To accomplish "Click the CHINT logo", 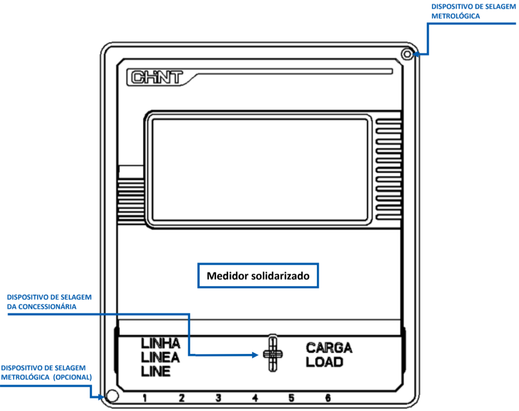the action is click(157, 77).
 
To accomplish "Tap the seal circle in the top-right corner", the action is click(407, 54).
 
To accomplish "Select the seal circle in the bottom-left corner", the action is click(112, 396).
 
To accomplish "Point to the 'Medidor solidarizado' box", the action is click(258, 275).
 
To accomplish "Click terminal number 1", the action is click(145, 398).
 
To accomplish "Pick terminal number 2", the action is click(182, 398).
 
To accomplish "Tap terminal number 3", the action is click(218, 398).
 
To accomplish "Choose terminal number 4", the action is click(255, 398).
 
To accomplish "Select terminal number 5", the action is click(291, 398).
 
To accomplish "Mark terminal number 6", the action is click(328, 398).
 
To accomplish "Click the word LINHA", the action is click(160, 343).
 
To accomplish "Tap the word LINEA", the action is click(160, 357).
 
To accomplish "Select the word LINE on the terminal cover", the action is click(156, 372).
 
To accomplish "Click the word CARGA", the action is click(329, 348).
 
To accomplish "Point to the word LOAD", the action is click(325, 362).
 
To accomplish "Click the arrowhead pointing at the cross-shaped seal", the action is click(255, 355).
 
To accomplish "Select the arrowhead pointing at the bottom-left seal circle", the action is click(101, 397).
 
